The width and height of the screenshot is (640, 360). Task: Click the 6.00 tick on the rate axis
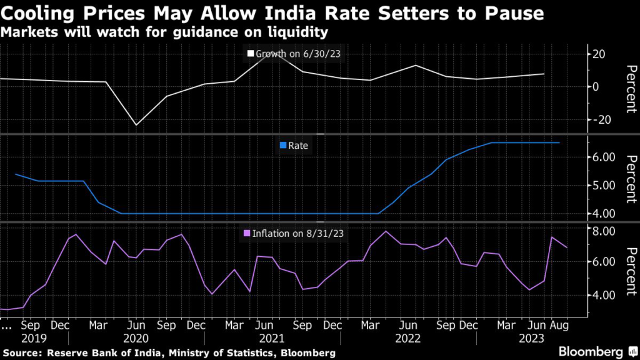604,157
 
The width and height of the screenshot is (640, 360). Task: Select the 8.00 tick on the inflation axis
604,231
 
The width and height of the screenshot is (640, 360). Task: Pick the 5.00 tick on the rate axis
604,186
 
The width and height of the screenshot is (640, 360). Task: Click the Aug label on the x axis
559,326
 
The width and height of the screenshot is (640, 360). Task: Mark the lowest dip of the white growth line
136,125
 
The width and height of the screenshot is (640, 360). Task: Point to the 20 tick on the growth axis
599,54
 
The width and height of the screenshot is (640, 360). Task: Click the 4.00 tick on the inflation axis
604,295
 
